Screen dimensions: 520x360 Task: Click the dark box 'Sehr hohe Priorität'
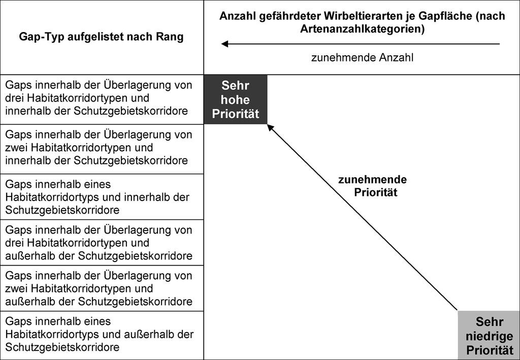[236, 100]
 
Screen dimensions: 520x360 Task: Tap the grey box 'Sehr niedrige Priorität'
[489, 336]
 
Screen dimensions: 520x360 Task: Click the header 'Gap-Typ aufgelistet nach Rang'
[101, 37]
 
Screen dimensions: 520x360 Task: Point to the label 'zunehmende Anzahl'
[362, 58]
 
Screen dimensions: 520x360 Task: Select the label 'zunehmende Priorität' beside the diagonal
[373, 186]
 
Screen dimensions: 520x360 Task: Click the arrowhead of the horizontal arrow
[224, 44]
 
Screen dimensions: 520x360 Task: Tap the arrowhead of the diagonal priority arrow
[270, 127]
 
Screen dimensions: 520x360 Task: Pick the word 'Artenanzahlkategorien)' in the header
[362, 29]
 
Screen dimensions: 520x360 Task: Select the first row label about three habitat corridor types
[99, 98]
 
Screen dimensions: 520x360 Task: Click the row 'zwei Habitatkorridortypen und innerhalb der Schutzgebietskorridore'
[99, 148]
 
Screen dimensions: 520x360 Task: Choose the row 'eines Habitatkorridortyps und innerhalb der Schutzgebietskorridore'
[97, 197]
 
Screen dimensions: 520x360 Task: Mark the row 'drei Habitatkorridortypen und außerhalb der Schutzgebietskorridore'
[99, 243]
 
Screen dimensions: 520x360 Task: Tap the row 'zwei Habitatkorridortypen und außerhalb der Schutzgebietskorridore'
[99, 288]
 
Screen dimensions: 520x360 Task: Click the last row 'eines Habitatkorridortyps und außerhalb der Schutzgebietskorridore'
[100, 334]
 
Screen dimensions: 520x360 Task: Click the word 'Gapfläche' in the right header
[441, 16]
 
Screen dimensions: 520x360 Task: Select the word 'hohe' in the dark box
[236, 100]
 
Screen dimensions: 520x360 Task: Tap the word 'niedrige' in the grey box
[490, 336]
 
